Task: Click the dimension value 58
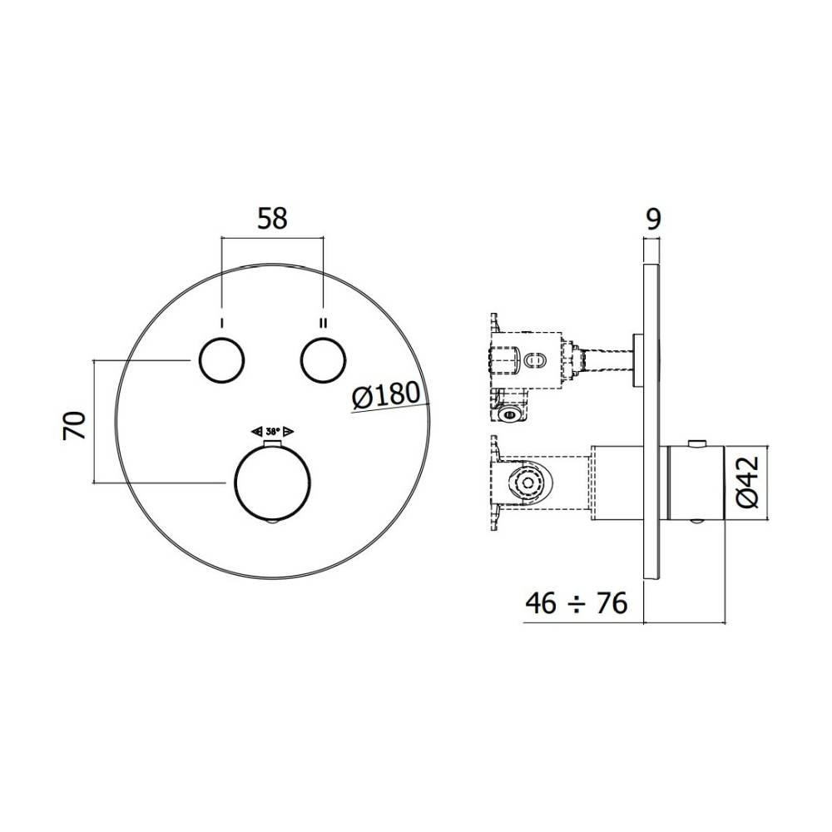pos(272,219)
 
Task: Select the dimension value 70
pos(74,424)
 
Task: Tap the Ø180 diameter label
pos(386,395)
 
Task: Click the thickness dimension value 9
pos(653,219)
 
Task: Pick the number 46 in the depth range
pos(542,602)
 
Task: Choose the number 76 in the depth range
pos(612,602)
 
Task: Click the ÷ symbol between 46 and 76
pos(577,604)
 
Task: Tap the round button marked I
pos(221,359)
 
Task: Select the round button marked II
pos(323,359)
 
